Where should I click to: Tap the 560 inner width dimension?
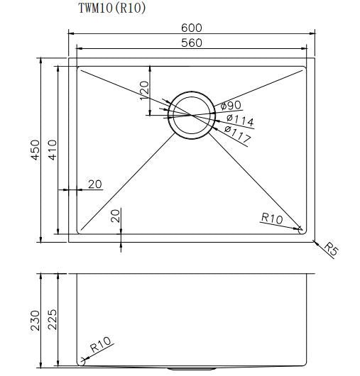pos(192,43)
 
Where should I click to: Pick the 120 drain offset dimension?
pos(143,91)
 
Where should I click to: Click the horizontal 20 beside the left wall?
pos(95,184)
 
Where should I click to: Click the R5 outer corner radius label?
pos(331,248)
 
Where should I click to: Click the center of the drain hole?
pos(188,114)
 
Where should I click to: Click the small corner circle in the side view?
pos(82,360)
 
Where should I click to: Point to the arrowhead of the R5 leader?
pos(313,238)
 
